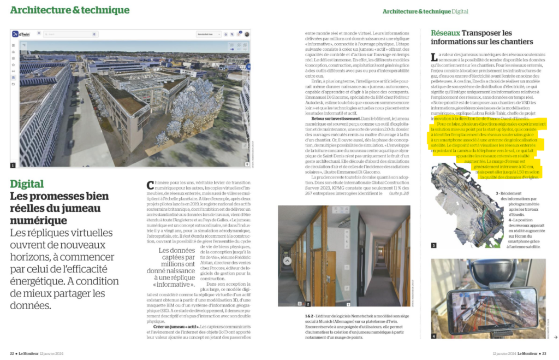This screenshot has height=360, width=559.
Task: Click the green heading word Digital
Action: tap(27, 184)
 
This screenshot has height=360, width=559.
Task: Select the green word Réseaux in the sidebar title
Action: tap(445, 33)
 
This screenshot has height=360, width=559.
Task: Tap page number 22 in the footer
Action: tap(13, 352)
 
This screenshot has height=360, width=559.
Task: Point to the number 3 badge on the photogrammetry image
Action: tap(434, 245)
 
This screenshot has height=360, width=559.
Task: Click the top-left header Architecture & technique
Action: tap(70, 10)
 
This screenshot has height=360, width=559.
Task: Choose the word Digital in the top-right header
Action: tap(459, 11)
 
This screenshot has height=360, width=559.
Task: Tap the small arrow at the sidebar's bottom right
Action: tap(555, 337)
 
